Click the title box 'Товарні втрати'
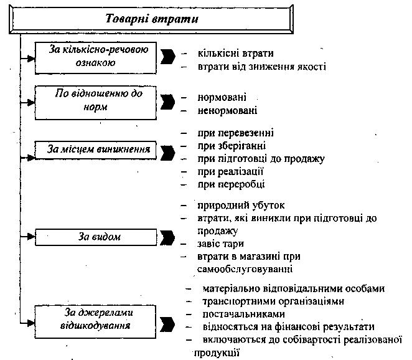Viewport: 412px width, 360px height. (151, 19)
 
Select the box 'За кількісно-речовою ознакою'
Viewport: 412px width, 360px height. (96, 57)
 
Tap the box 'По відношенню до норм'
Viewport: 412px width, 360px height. (96, 103)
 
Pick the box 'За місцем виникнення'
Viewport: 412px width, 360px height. (96, 150)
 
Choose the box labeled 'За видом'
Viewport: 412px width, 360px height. (96, 237)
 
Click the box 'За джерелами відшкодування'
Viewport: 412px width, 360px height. (95, 321)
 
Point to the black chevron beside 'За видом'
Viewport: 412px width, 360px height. (167, 238)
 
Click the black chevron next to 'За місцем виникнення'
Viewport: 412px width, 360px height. (167, 153)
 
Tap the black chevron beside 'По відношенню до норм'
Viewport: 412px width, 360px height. (167, 102)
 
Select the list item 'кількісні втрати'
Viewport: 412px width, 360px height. (235, 54)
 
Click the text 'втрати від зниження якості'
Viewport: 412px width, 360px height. (262, 67)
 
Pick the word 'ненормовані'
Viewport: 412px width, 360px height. (227, 110)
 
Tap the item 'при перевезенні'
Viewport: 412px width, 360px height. (235, 133)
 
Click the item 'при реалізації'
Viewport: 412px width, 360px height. (230, 171)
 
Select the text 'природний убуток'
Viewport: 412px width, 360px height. (241, 206)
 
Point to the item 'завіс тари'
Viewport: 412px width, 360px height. (220, 244)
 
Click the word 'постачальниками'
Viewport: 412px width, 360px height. (243, 314)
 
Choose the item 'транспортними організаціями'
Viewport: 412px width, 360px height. (273, 301)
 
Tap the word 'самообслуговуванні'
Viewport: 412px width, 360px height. (245, 269)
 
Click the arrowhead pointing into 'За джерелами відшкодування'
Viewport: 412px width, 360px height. (31, 323)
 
